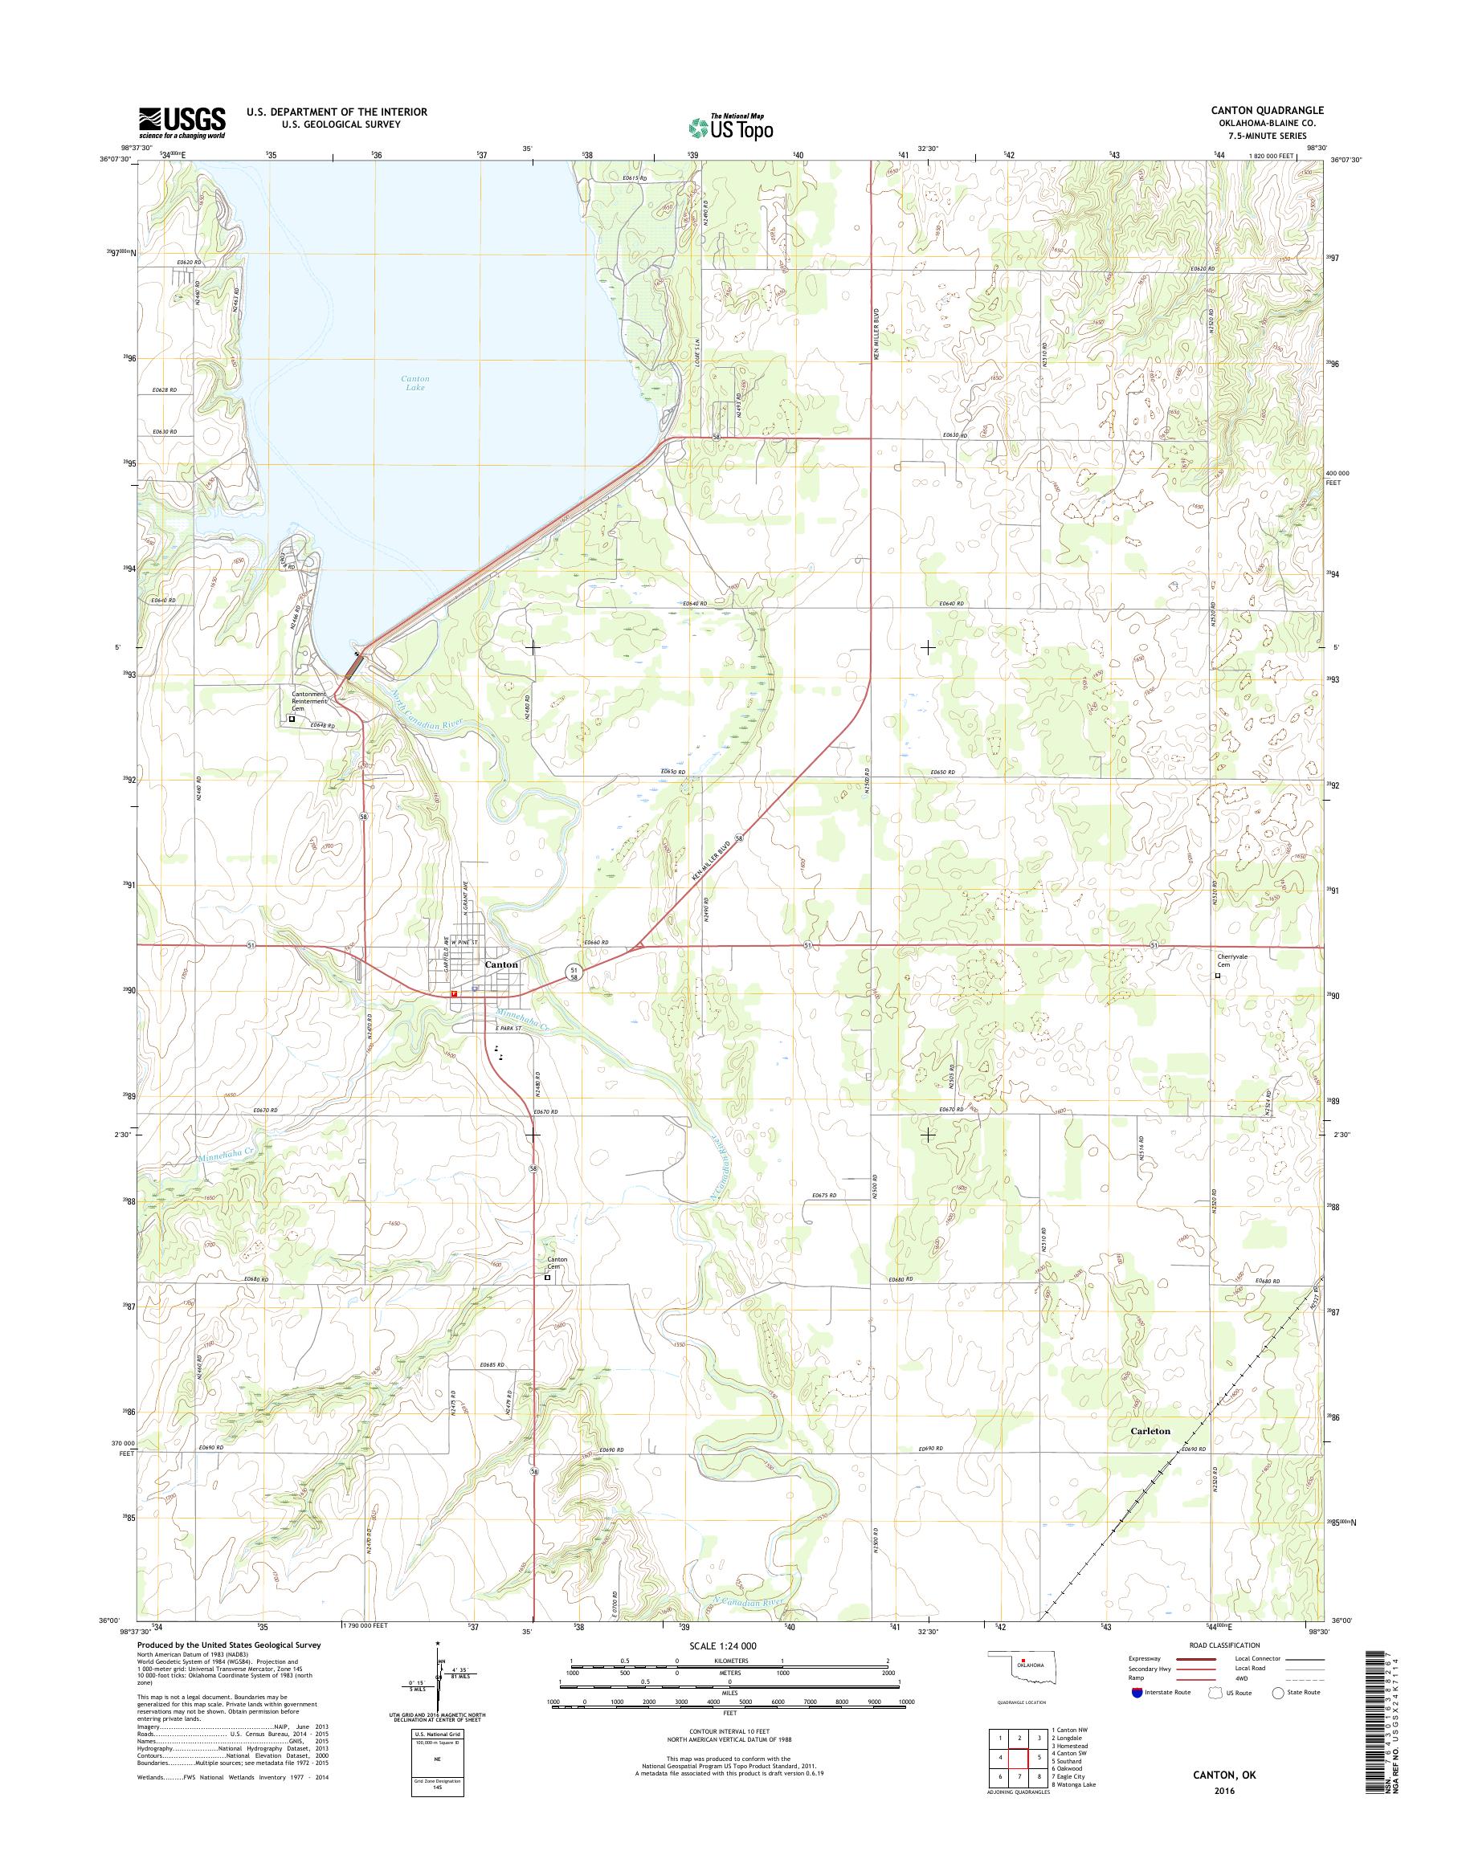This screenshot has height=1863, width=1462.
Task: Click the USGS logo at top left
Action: [x=182, y=122]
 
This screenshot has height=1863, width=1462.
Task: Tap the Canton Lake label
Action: [x=415, y=382]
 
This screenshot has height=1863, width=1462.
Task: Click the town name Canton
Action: [x=501, y=964]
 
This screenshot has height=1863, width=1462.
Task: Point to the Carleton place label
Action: [x=1149, y=1430]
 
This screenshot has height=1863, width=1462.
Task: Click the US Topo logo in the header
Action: [x=731, y=127]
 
